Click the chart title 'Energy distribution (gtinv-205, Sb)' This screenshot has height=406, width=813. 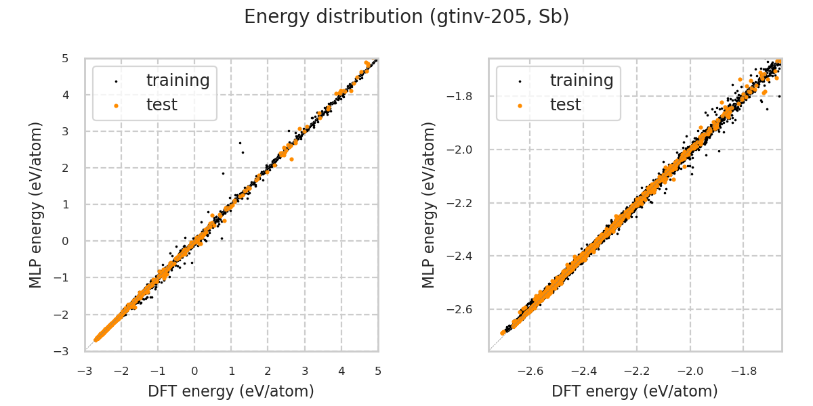(x=406, y=17)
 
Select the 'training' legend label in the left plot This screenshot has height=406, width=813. (x=178, y=81)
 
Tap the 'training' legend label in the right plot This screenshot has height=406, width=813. (x=581, y=81)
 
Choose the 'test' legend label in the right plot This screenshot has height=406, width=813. (x=565, y=105)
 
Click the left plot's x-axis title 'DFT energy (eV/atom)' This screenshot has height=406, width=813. (x=231, y=390)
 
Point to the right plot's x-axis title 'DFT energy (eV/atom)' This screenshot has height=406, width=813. (x=635, y=390)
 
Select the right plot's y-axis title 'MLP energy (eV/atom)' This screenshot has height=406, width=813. (x=429, y=204)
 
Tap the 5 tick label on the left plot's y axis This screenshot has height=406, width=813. (x=64, y=58)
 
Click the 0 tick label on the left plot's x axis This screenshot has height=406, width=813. (x=194, y=371)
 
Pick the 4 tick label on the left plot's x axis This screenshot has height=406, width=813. (x=341, y=371)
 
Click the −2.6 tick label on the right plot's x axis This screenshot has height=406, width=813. (x=530, y=371)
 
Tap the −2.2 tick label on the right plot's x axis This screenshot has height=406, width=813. (x=637, y=371)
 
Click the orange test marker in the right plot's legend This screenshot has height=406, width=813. (x=520, y=106)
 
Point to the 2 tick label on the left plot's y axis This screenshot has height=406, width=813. (x=64, y=168)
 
